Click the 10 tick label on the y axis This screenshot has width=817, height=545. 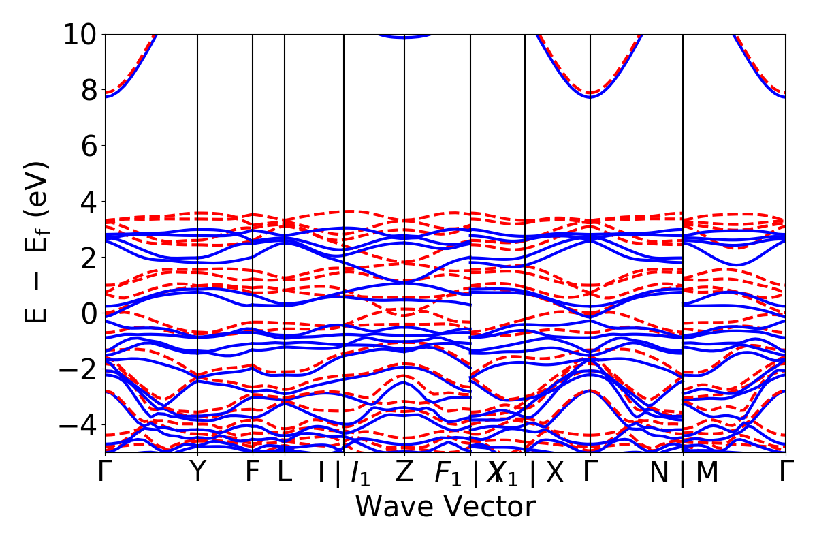pos(80,34)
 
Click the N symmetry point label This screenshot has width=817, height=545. pos(659,473)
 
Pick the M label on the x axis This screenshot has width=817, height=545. pos(707,473)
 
